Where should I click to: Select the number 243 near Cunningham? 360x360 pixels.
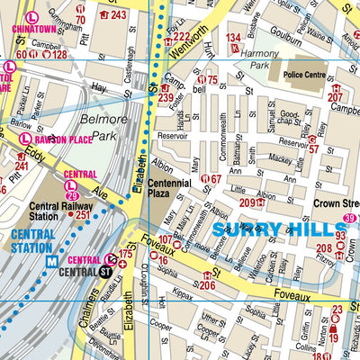coord(118,15)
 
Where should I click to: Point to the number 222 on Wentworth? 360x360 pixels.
coord(181,37)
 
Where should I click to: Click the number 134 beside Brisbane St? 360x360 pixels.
coord(234,37)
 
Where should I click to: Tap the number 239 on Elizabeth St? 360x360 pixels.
coord(166,97)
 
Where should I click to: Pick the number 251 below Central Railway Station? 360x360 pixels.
coord(83,215)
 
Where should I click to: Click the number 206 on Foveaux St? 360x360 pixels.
coord(206,285)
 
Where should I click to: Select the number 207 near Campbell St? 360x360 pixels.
coord(336,97)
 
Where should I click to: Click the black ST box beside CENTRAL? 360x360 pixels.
coord(106,269)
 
